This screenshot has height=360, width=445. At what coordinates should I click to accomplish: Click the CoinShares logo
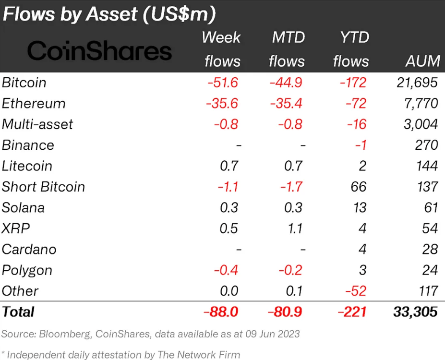pos(99,50)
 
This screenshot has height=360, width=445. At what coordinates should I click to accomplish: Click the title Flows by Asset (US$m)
pos(109,14)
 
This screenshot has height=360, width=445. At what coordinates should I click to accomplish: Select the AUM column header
pos(422,61)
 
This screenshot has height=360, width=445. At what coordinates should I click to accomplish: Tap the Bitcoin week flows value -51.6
pos(222,83)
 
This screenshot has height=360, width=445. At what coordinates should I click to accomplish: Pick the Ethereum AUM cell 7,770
pos(421,103)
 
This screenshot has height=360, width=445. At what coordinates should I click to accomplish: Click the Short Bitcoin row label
pos(43,187)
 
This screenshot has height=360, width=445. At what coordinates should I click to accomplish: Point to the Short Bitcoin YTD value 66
pos(358,187)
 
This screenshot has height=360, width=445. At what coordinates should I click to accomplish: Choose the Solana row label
pos(23,207)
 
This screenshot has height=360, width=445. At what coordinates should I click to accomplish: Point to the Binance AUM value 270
pos(426,145)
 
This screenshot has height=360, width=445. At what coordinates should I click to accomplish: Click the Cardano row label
pos(29,249)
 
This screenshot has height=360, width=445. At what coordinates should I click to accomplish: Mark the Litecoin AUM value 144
pos(426,166)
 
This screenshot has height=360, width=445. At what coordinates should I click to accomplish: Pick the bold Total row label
pos(18,312)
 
